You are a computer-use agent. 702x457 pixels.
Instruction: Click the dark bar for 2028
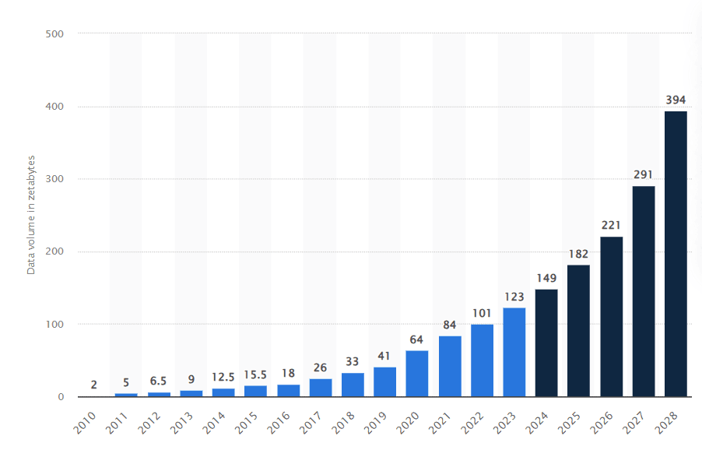[676, 254]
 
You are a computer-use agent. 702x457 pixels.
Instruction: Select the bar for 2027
[643, 291]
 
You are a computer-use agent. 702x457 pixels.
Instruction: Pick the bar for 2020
[417, 374]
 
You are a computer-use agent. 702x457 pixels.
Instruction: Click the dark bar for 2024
[546, 343]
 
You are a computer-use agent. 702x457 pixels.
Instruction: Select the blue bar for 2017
[320, 388]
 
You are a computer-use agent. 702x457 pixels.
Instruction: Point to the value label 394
[676, 100]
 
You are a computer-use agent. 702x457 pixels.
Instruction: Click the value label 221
[611, 225]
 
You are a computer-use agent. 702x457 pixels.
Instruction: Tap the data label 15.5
[255, 374]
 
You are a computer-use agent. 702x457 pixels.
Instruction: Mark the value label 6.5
[159, 381]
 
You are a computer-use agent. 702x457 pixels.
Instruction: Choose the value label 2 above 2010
[93, 385]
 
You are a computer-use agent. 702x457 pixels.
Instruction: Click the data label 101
[482, 313]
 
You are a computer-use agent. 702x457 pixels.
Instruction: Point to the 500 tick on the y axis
[60, 33]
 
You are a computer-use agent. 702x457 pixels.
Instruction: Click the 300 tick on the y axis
[60, 179]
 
